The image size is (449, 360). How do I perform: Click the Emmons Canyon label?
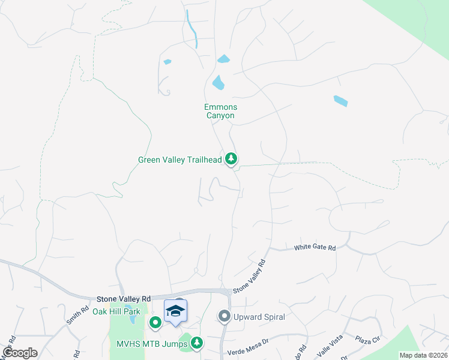click(220, 111)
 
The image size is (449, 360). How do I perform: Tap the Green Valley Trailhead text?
click(180, 160)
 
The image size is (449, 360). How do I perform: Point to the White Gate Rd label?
click(315, 248)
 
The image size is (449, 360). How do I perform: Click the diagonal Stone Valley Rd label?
click(249, 276)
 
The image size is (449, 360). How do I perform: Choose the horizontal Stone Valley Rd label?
click(124, 298)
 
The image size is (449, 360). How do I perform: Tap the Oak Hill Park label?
click(116, 311)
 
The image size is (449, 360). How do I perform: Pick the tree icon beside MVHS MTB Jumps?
click(196, 343)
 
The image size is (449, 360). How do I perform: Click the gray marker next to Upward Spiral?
click(224, 316)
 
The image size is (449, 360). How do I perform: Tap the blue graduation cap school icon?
click(175, 311)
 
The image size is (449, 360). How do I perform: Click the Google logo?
click(20, 353)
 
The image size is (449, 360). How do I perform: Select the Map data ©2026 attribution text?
click(423, 355)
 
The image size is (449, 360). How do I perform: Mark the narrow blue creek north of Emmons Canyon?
click(192, 29)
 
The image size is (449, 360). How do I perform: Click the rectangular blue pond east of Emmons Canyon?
click(340, 101)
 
